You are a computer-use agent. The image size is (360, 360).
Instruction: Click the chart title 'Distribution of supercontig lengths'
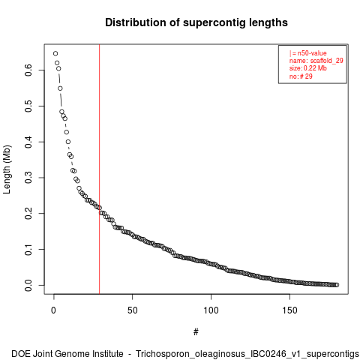pos(196,22)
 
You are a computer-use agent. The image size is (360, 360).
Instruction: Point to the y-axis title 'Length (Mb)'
pos(7,169)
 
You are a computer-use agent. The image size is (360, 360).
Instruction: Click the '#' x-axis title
pos(196,332)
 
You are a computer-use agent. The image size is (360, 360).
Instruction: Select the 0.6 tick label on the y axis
pos(28,70)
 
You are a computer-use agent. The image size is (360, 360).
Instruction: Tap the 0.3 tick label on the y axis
pos(28,178)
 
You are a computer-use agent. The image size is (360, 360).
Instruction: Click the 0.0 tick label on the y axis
pos(28,285)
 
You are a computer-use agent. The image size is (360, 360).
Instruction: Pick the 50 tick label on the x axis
pos(133,310)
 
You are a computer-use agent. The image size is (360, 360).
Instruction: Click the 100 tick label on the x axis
pos(211,310)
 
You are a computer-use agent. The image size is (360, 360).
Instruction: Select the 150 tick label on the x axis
pos(289,310)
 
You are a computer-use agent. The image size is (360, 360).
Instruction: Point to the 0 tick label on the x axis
pos(54,310)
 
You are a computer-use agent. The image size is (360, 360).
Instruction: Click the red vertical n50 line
pos(100,169)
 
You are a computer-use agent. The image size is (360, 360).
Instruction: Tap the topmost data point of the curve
pos(55,53)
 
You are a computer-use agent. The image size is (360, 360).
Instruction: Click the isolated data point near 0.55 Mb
pos(60,88)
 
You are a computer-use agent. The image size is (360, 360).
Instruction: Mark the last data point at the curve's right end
pos(337,285)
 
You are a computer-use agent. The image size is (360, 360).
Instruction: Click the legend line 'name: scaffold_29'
pos(316,61)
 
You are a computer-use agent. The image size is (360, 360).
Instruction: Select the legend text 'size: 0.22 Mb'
pos(308,68)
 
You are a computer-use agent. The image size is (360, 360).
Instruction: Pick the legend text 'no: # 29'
pos(301,76)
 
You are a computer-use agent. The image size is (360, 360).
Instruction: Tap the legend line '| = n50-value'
pos(308,53)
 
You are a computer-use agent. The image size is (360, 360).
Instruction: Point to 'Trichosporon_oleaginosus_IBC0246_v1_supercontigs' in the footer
pos(247,354)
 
